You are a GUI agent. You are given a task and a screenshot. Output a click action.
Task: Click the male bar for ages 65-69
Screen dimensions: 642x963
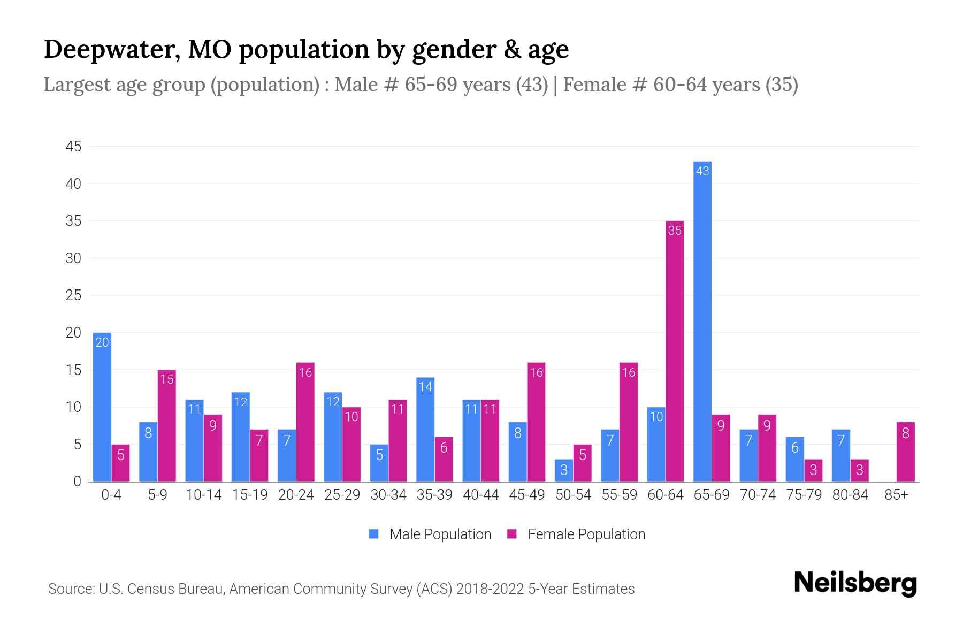click(x=702, y=321)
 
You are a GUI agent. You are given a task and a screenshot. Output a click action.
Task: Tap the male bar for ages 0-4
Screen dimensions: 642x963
click(x=102, y=407)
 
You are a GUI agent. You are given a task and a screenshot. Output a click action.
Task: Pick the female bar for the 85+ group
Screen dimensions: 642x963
click(x=905, y=452)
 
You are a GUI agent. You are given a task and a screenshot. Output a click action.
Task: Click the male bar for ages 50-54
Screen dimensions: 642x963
click(x=563, y=470)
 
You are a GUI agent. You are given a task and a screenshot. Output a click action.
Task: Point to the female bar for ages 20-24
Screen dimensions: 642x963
click(x=305, y=422)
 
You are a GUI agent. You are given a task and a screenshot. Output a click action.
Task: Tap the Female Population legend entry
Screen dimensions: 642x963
click(x=576, y=534)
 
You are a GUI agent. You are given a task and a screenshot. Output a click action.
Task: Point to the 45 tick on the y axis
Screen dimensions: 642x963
click(x=73, y=147)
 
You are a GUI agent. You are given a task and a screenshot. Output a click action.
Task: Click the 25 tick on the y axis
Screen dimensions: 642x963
click(x=73, y=295)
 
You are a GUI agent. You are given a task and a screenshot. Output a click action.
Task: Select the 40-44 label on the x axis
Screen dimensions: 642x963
click(x=480, y=495)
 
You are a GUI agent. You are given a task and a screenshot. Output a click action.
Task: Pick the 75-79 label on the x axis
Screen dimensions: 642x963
click(x=804, y=495)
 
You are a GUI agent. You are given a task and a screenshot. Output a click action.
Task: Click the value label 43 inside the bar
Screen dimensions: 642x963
click(x=702, y=171)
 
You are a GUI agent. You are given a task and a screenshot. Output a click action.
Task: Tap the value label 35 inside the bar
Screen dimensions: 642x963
click(x=675, y=231)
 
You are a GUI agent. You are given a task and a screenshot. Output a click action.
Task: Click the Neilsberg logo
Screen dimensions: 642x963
click(x=855, y=583)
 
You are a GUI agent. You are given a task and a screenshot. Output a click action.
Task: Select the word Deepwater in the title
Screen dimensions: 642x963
click(x=109, y=49)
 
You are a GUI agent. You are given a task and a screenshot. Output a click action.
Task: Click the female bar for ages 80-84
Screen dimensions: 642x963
click(x=859, y=470)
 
